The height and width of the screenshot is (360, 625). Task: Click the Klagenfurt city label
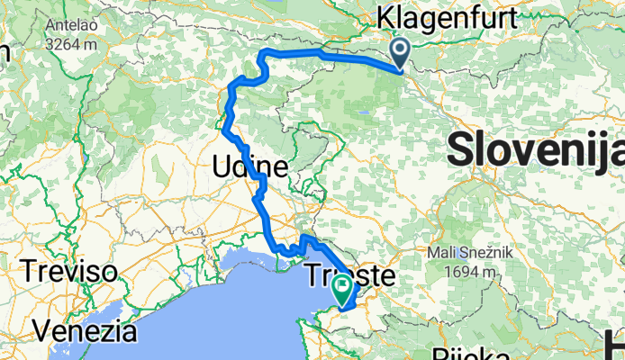pos(448,18)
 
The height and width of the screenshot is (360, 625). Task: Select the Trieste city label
pos(351,274)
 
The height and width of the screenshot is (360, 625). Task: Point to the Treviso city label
pos(70,271)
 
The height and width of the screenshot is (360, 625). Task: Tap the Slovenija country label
pos(535,148)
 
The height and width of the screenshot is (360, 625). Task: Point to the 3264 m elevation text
pos(72,42)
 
